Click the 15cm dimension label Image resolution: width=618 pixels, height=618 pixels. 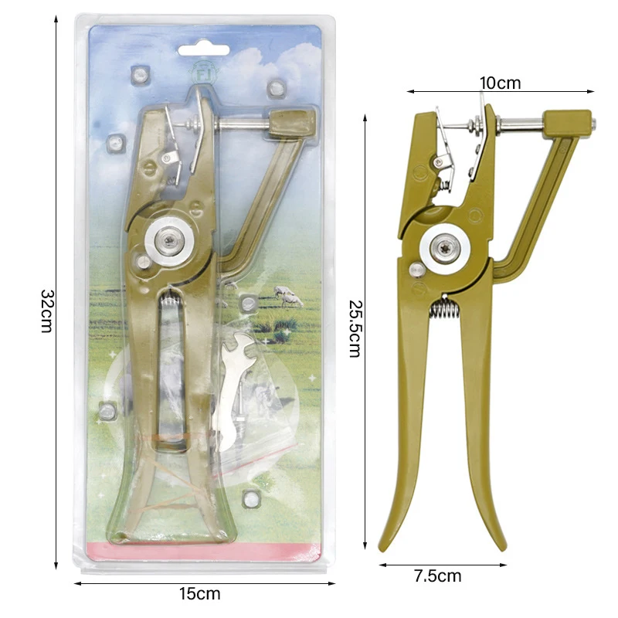tap(200, 594)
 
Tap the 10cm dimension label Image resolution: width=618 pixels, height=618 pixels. tap(500, 83)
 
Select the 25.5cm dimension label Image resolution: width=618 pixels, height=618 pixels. tap(355, 328)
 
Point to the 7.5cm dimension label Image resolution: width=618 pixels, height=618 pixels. tap(438, 576)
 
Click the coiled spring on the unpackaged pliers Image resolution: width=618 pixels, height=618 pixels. tap(443, 310)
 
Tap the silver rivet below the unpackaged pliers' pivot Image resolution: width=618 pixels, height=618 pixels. tap(416, 269)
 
